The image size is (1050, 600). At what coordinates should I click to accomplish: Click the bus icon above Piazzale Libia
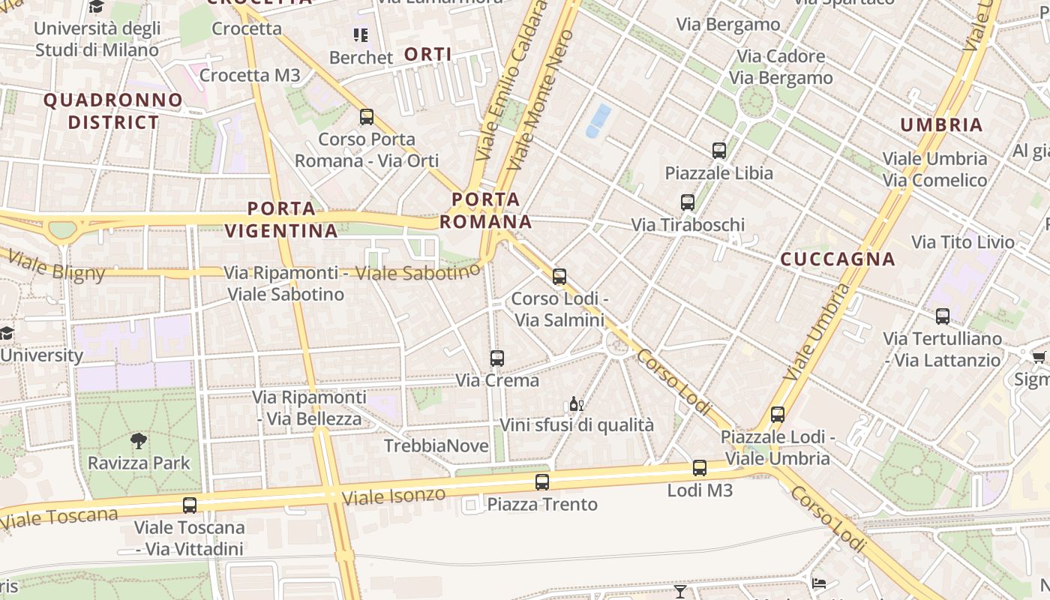(719, 151)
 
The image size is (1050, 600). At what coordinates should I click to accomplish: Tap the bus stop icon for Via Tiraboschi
(688, 202)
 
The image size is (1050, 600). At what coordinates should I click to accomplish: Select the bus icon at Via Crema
(496, 358)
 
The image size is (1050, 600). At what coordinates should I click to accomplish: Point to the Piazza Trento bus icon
(542, 482)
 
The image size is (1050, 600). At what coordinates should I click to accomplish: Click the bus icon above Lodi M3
(700, 468)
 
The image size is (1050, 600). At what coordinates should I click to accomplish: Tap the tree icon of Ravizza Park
(139, 441)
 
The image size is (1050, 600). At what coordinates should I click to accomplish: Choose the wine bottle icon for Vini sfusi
(575, 404)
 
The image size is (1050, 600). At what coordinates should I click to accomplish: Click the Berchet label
(361, 58)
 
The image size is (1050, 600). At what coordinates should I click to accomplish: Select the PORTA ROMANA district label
(486, 211)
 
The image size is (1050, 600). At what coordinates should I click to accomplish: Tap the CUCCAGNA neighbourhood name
(838, 259)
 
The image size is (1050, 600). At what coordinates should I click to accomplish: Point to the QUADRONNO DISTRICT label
(113, 111)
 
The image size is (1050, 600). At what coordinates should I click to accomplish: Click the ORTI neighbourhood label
(428, 54)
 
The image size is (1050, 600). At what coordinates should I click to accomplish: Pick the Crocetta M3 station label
(250, 75)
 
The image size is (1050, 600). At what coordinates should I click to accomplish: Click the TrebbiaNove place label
(436, 446)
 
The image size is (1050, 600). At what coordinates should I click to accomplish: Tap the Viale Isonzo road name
(393, 496)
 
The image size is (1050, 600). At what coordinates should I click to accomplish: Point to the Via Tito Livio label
(962, 242)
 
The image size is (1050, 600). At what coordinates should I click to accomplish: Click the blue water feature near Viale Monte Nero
(598, 120)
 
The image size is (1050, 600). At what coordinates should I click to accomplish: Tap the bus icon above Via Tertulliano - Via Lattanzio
(943, 316)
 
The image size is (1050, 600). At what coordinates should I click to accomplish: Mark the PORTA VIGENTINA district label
(281, 220)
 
